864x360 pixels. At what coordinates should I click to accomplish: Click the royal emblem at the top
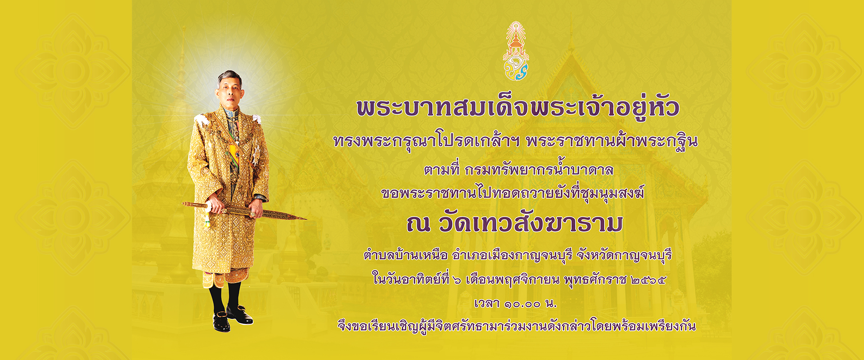[516, 51]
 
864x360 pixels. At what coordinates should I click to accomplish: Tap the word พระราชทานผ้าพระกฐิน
[612, 141]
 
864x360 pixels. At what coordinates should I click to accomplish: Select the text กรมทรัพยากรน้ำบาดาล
[539, 170]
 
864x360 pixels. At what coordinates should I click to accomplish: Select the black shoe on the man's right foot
[221, 322]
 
